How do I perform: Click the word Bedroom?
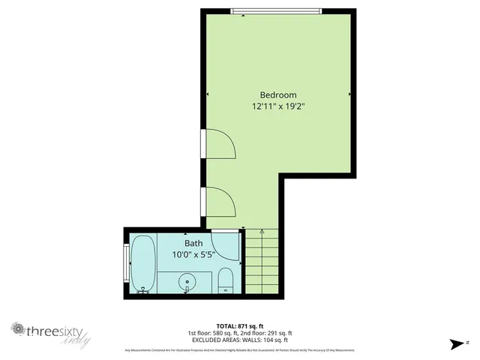point(278,94)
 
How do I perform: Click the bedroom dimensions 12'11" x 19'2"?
point(278,106)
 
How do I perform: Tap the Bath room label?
point(193,243)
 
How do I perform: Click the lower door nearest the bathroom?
point(218,201)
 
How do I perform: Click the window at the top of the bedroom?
point(277,10)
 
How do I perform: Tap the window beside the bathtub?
point(125,262)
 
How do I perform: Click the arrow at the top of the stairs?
point(260,232)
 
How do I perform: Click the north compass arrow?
point(455,344)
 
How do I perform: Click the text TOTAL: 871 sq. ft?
point(239,325)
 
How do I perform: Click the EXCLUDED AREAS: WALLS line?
point(239,339)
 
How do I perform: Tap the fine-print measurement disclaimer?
point(239,349)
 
